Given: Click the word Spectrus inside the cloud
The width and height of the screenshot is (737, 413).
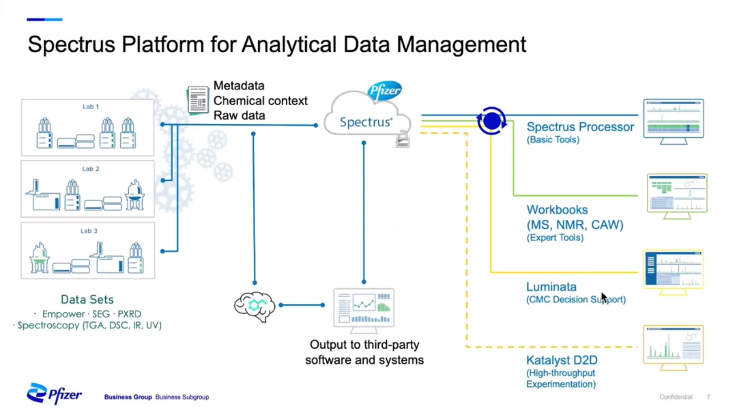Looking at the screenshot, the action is click(x=366, y=122).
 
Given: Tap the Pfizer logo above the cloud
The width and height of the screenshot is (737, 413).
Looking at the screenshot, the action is click(x=385, y=90).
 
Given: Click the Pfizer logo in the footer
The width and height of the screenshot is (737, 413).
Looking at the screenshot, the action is click(x=54, y=393).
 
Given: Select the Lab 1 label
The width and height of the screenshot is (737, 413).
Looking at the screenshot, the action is click(x=91, y=106).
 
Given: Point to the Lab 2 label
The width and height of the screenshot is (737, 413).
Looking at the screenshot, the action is click(x=91, y=169).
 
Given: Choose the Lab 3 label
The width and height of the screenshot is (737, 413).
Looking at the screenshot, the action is click(x=89, y=231).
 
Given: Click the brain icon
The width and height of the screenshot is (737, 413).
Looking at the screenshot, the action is click(x=255, y=307).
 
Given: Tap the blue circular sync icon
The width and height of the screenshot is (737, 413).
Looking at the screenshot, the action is click(x=491, y=121).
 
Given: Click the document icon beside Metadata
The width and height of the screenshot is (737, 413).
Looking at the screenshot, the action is click(x=198, y=100).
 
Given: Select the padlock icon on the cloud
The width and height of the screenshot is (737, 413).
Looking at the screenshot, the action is click(x=403, y=140).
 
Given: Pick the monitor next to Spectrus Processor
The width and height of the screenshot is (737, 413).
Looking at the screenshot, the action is click(x=674, y=122).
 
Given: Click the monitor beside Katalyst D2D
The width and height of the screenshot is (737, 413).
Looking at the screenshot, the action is click(x=673, y=347).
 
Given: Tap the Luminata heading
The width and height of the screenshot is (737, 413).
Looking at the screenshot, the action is click(x=551, y=287).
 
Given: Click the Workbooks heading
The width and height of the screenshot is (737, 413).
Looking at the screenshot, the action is click(x=557, y=210).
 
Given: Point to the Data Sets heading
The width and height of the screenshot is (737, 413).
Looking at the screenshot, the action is click(x=87, y=300).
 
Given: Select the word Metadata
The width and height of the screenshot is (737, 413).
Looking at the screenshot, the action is click(x=239, y=85).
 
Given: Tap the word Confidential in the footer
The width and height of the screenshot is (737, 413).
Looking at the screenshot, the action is click(x=676, y=397).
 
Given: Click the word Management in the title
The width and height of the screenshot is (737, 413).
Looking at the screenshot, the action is click(x=461, y=44).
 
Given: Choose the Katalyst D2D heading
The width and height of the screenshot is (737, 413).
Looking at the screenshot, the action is click(x=562, y=360).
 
